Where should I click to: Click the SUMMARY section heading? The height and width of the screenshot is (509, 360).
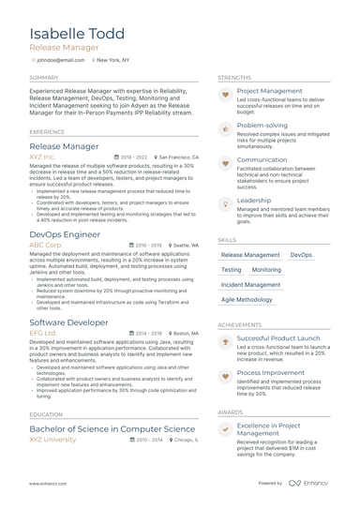(x=44, y=78)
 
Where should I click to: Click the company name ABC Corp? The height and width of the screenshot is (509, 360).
(x=47, y=245)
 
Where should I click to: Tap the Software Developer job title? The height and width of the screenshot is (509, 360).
(x=68, y=322)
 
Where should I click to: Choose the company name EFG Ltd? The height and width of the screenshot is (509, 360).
(x=43, y=333)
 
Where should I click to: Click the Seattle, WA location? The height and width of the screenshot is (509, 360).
(x=180, y=245)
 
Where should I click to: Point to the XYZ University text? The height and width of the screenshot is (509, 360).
(x=53, y=439)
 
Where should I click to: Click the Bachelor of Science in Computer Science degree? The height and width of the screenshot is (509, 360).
(x=112, y=427)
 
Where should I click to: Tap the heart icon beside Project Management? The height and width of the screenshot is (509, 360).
(x=225, y=95)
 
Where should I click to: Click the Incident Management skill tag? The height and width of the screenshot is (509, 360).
(x=250, y=284)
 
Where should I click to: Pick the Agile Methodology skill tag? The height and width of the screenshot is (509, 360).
(x=247, y=300)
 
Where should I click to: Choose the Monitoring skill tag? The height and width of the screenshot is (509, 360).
(x=266, y=269)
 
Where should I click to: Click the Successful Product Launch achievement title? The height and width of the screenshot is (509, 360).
(x=278, y=337)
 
